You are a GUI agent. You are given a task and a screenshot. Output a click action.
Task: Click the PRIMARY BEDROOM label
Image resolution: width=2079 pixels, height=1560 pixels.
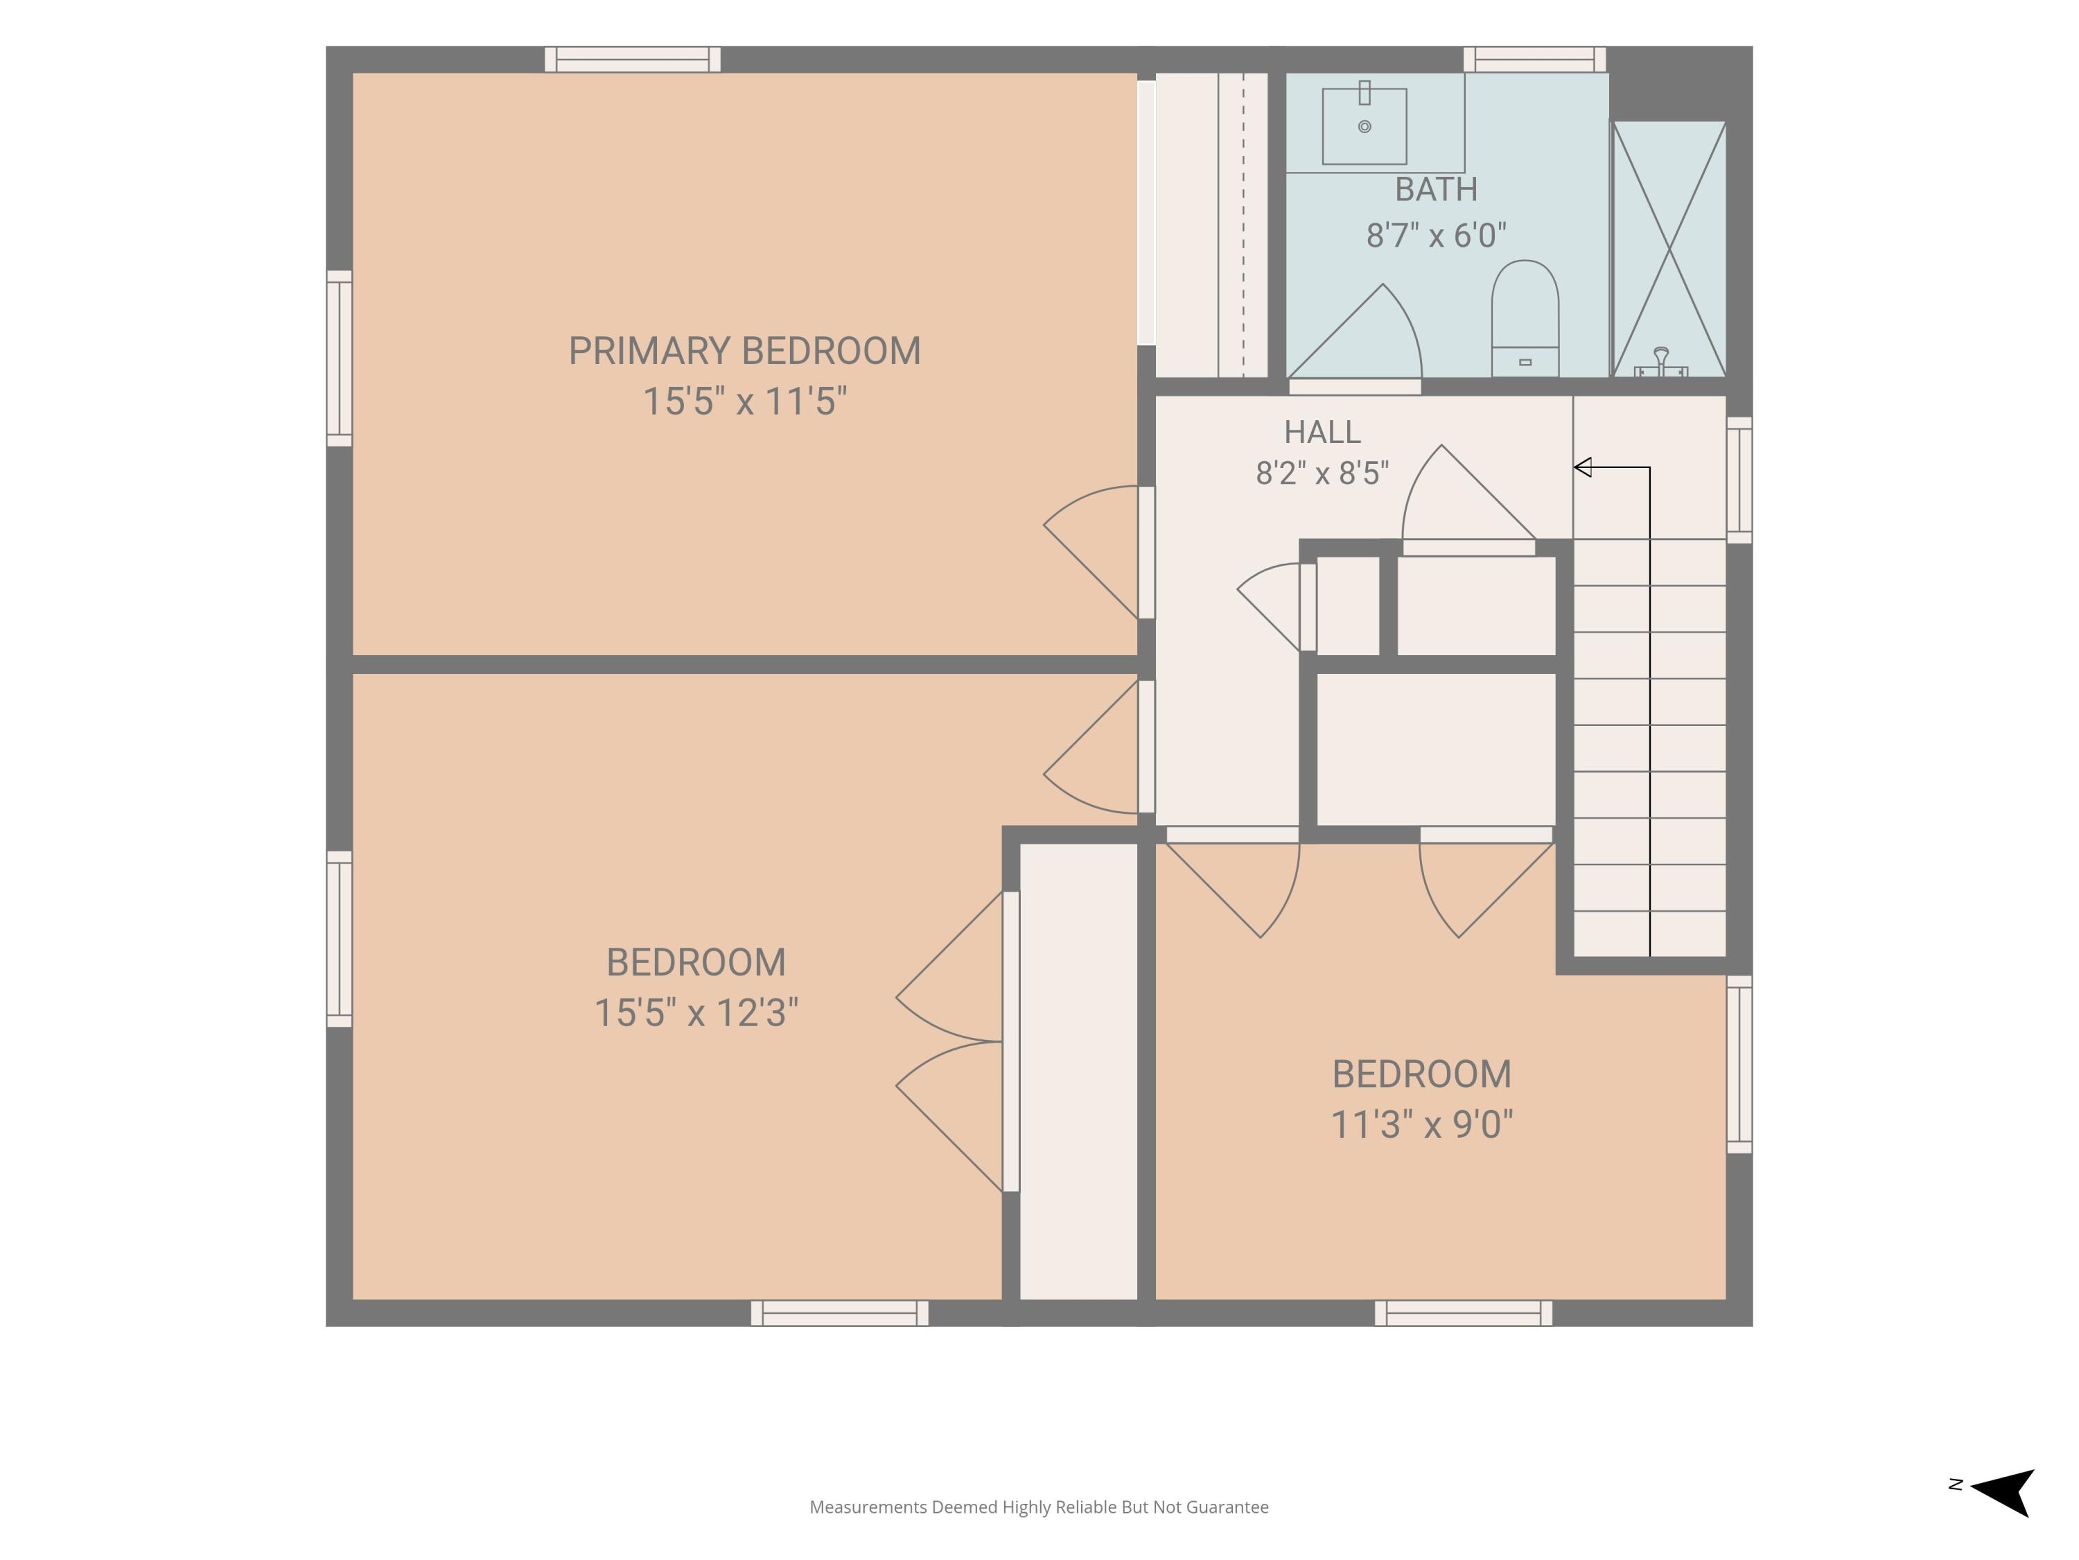pos(744,351)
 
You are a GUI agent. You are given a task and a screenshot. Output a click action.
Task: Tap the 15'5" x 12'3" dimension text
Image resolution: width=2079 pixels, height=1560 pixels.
pos(696,1013)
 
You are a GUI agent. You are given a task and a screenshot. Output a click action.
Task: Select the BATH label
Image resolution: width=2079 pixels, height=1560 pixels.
pos(1436,189)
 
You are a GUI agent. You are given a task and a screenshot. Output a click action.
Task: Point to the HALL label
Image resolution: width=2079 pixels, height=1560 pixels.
pos(1322,432)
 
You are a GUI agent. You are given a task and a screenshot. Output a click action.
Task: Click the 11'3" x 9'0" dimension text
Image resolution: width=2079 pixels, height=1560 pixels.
pos(1422,1124)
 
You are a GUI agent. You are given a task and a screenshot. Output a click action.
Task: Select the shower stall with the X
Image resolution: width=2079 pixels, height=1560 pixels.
pos(1669,249)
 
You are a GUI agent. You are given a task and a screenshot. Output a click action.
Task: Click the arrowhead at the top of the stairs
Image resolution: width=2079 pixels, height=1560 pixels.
pos(1583,467)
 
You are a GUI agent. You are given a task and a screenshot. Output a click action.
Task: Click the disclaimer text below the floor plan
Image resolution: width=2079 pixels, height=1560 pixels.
pos(1039,1507)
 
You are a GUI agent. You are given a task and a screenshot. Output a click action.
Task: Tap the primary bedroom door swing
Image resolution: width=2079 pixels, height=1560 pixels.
pos(1092,552)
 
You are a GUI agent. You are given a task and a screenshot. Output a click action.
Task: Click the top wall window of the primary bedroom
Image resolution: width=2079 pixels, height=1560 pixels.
pos(633,59)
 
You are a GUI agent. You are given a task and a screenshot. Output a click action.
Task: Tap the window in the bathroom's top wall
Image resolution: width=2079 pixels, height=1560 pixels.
pos(1535,59)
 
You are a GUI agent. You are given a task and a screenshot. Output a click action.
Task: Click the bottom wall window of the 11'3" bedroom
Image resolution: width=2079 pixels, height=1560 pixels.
pos(1464,1312)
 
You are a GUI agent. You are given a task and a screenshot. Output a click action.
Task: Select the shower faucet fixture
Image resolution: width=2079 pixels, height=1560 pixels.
pos(1660,363)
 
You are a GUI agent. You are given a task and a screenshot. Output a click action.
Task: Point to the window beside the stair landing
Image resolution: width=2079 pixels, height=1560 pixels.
pos(1739,480)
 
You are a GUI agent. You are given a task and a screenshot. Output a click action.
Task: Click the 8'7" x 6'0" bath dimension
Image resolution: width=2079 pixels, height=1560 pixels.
pos(1436,235)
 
